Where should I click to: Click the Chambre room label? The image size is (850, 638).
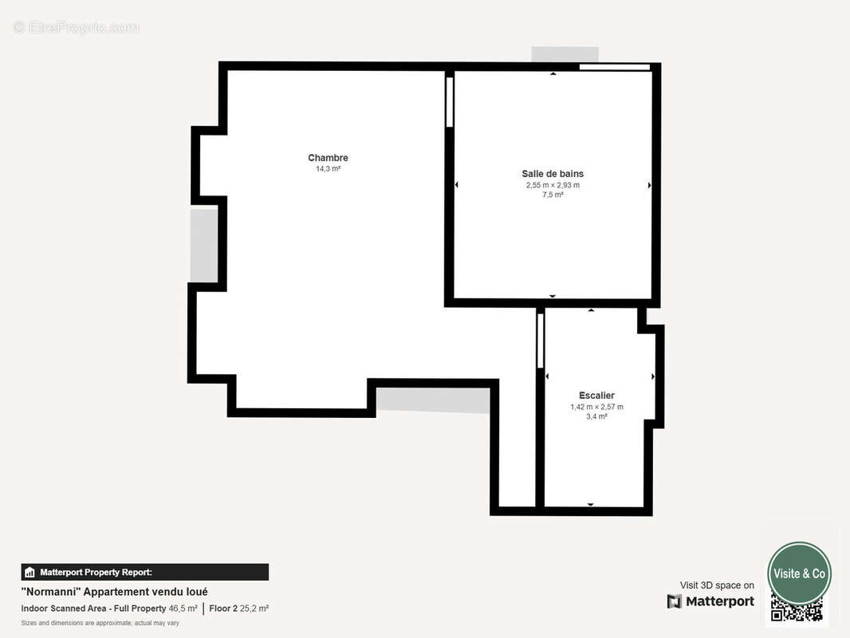pos(328,158)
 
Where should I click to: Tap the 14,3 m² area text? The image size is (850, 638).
pos(328,169)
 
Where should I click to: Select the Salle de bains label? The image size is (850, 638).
pos(553,174)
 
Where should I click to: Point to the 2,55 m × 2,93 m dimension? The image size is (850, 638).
pos(553,185)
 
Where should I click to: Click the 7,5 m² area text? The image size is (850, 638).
pos(553,195)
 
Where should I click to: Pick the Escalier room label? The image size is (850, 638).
pos(596,396)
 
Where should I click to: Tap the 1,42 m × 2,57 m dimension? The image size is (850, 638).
pos(596,407)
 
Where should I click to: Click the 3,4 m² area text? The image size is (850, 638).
pos(596,416)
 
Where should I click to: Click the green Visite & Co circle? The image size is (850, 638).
pos(799,573)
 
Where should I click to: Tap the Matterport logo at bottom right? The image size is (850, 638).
pos(710,601)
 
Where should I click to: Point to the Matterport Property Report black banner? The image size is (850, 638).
pos(144,572)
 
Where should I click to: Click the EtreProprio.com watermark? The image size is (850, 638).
pos(76,28)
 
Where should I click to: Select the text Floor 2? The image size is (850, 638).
pos(223,608)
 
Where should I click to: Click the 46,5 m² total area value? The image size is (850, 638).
pos(183,608)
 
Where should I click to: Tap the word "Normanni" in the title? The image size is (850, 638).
pos(49,592)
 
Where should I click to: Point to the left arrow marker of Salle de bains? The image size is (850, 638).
pos(457,185)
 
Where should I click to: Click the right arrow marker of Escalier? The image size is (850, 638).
pos(653,376)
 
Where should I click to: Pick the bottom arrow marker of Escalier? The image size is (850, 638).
pos(591,504)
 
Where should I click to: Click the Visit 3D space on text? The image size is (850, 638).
pos(716,585)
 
